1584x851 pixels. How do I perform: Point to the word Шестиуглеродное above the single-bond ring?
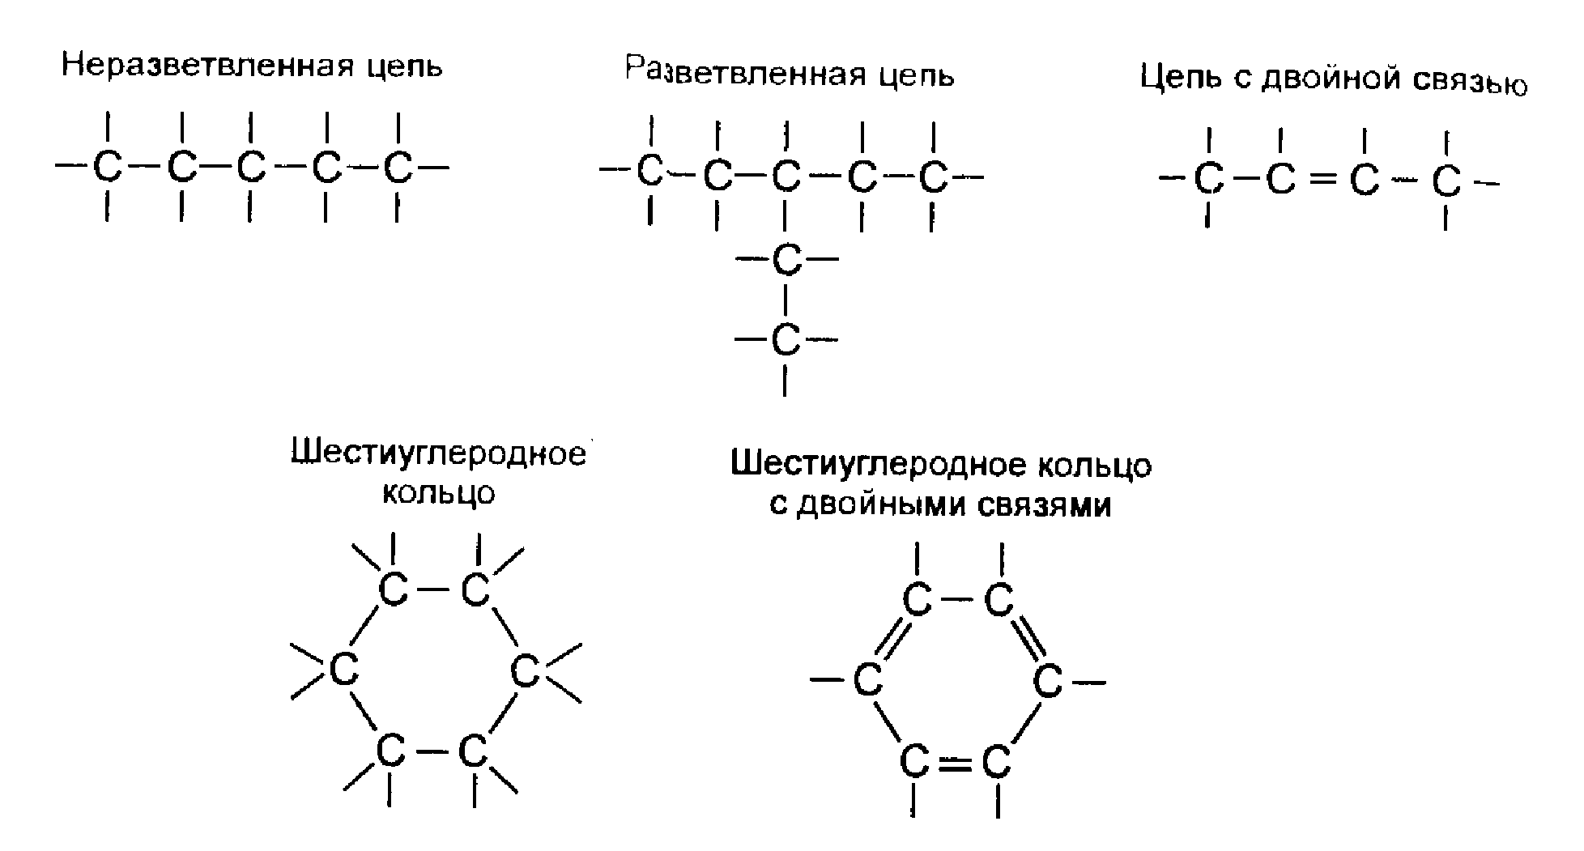437,454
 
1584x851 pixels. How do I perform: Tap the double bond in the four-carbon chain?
1322,181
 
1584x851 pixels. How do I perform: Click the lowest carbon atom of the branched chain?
785,339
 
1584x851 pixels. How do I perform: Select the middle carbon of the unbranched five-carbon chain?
251,168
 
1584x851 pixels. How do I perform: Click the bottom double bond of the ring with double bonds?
956,762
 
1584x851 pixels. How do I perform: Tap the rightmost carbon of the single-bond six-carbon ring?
525,672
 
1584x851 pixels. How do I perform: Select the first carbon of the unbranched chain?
107,168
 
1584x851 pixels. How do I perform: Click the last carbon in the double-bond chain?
1446,182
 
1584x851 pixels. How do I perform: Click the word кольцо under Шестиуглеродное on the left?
437,492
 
